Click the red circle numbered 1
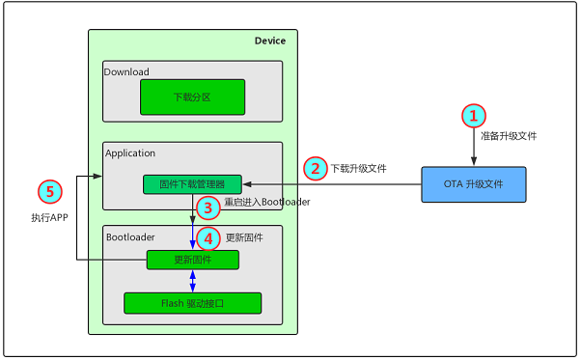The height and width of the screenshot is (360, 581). click(473, 116)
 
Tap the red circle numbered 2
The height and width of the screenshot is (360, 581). click(315, 168)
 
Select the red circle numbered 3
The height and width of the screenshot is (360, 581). click(204, 207)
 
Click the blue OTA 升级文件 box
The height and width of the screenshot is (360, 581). click(473, 184)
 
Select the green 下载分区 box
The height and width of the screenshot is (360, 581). click(191, 97)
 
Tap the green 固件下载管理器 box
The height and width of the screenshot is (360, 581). click(191, 183)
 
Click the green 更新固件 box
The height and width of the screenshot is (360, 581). click(192, 260)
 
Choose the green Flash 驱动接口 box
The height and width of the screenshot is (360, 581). click(192, 302)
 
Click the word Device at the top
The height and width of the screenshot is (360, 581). click(269, 41)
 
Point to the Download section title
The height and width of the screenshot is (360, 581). click(127, 70)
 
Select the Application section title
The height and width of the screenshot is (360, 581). click(130, 152)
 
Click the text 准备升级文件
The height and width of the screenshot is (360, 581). click(508, 136)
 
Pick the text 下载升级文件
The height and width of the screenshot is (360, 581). click(358, 168)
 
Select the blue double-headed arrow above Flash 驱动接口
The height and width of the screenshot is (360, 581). click(192, 281)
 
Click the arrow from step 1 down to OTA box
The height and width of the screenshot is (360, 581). click(473, 150)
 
